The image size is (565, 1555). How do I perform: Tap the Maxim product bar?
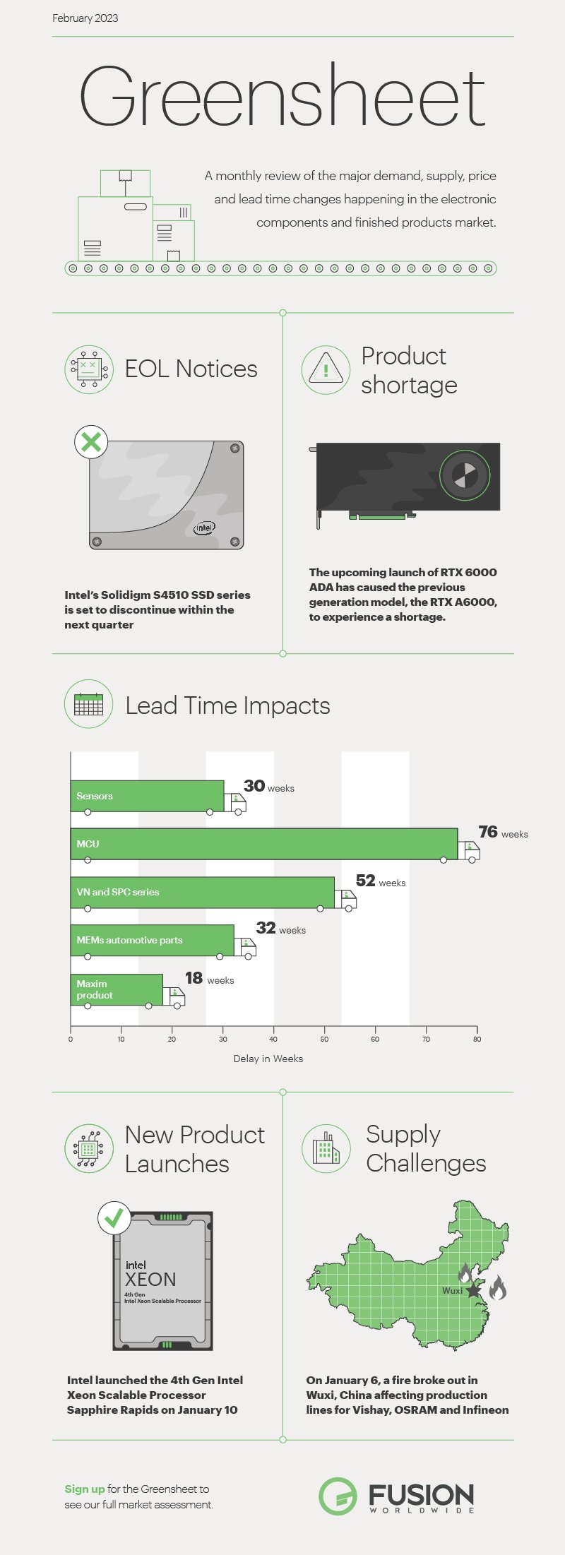pos(117,989)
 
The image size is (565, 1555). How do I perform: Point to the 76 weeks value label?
pos(502,833)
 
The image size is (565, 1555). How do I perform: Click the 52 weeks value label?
pos(380,881)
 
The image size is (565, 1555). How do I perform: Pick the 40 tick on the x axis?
pos(273,1039)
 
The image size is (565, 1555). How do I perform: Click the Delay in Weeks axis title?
pos(268,1059)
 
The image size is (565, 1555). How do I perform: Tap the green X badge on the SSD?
pos(91,443)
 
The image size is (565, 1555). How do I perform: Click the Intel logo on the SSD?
pos(205,528)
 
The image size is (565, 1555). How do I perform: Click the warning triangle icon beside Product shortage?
pos(326,369)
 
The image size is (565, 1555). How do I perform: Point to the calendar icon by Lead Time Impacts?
pos(89,704)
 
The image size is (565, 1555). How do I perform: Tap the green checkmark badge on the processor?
pos(114,1217)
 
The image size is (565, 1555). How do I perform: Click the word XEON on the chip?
pos(150,1279)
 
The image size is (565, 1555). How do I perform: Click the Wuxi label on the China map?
pos(452,1290)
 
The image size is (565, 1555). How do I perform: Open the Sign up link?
pos(85,1489)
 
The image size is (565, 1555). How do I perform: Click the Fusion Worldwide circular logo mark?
pos(338,1496)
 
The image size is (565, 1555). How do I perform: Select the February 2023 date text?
pos(85,18)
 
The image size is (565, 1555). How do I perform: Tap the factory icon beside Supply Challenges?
pos(326,1148)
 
